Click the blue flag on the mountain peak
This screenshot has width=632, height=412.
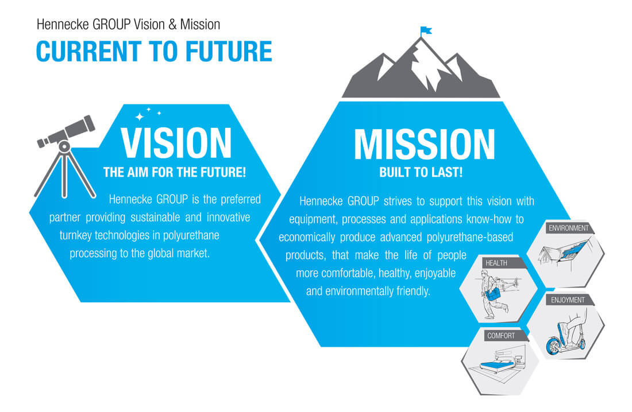point(426,30)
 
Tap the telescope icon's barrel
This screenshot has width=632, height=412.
point(67,131)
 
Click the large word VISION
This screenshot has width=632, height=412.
point(176,143)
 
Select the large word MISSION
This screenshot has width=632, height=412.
point(424,144)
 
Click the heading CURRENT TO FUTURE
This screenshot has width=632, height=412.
point(155,51)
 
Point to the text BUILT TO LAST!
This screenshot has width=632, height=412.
point(421,172)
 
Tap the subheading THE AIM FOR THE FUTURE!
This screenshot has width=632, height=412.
point(175,172)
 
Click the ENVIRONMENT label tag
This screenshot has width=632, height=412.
point(569,228)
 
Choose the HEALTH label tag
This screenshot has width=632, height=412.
point(496,263)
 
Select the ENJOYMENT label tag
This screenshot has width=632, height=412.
point(568,300)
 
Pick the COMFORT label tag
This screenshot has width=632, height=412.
point(501,336)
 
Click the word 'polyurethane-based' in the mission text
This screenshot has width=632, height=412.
point(469,237)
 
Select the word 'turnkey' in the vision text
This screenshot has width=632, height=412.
point(75,235)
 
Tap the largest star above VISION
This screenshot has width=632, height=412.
point(140,117)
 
